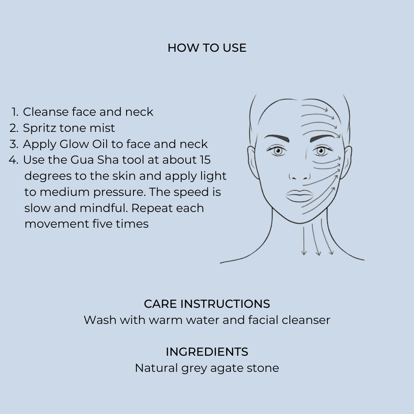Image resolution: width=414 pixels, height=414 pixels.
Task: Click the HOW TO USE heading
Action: pos(207,48)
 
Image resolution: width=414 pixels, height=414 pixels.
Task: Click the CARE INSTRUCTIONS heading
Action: pos(207,304)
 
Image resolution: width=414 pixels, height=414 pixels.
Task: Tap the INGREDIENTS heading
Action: pos(207,352)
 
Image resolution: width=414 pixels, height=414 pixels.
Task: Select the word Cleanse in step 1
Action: pos(46,112)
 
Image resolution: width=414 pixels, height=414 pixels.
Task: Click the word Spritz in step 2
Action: pos(39,128)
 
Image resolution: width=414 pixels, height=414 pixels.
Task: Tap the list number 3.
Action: pos(14,144)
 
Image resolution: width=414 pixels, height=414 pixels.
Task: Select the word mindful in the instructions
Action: pos(103,208)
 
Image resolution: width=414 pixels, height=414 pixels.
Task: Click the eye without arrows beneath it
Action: pos(277,151)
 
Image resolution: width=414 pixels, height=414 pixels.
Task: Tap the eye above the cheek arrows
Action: pos(322,151)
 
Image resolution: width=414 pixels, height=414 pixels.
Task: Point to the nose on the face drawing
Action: pos(300,176)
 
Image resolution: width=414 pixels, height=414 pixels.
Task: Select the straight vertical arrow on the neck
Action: pos(304,240)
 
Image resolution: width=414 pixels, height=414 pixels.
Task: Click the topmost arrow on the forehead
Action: pos(315,107)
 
